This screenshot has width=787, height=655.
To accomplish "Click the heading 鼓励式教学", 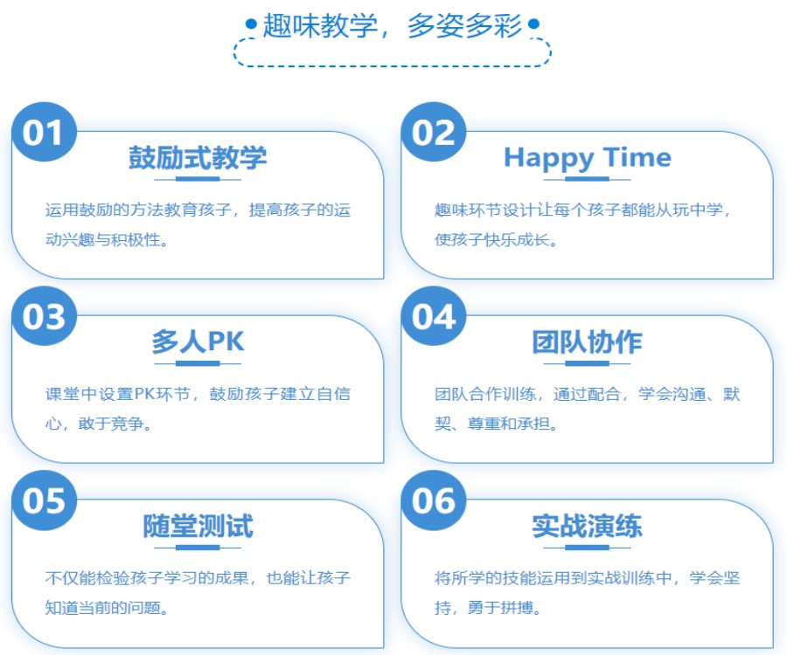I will click(x=198, y=158).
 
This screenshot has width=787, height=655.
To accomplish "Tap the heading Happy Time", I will click(x=587, y=158).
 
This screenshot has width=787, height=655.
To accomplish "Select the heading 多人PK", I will click(x=198, y=341).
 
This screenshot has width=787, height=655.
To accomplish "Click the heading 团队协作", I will click(x=587, y=341).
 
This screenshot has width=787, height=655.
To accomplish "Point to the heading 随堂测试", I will click(x=198, y=527).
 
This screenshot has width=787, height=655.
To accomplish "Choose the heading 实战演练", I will click(x=587, y=527).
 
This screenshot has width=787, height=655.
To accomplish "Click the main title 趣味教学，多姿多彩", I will click(x=392, y=25).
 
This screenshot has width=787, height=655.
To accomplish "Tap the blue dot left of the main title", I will click(x=251, y=25).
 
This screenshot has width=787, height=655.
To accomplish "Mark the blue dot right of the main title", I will click(x=533, y=25).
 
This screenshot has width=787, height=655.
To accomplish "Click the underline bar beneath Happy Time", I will click(x=587, y=179).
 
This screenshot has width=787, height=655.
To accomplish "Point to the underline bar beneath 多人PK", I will click(x=198, y=363).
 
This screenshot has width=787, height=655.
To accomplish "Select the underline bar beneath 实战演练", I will click(x=587, y=548).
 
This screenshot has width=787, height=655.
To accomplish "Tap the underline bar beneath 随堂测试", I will click(x=198, y=548).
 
